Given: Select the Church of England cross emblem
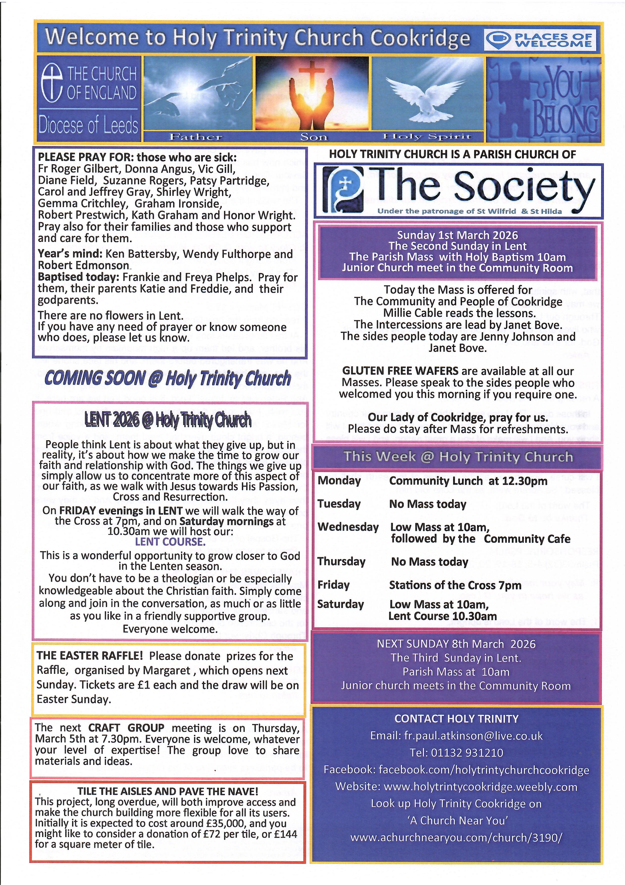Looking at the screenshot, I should [52, 83].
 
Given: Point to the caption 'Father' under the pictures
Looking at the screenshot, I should [196, 137].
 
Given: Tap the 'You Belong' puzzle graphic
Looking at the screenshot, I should [544, 99].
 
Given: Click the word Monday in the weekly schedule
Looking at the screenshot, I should [339, 481].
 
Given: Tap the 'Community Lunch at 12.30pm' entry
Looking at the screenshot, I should [468, 481].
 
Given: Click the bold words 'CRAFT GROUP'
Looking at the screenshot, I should [126, 728].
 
